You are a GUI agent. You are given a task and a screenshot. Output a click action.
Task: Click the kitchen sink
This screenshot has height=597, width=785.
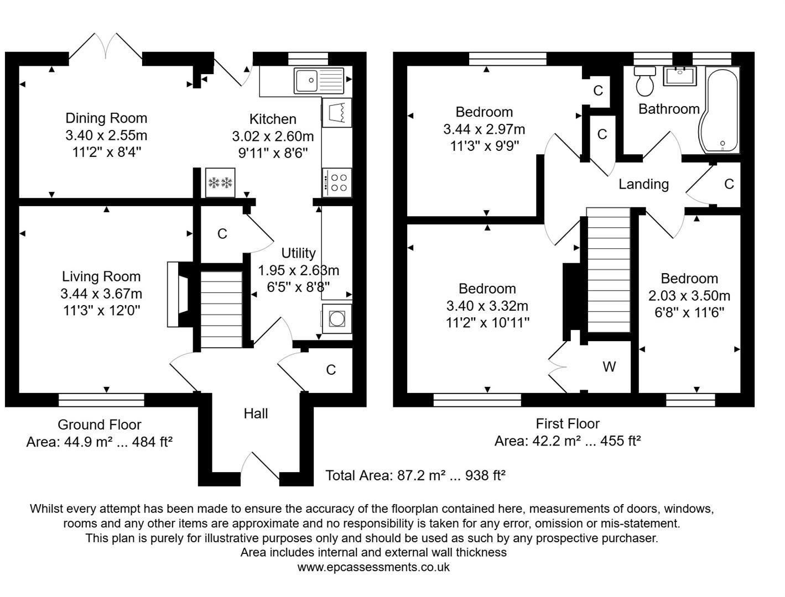click(319, 81)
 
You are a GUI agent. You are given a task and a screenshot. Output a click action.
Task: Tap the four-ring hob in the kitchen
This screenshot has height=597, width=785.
click(336, 182)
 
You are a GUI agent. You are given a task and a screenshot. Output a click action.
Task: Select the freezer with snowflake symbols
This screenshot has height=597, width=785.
click(220, 182)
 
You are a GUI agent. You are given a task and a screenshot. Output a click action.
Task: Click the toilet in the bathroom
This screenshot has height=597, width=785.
click(645, 81)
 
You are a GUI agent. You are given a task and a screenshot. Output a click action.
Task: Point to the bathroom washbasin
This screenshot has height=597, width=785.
click(679, 76)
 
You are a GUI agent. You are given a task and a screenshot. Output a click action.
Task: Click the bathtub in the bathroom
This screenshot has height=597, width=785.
click(719, 110)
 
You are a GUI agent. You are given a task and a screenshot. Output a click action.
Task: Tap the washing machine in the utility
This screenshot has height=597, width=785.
click(336, 319)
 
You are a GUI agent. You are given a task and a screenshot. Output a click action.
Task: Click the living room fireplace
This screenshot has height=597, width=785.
click(180, 295)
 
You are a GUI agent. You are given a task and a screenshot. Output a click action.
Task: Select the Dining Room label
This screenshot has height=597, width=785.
click(106, 118)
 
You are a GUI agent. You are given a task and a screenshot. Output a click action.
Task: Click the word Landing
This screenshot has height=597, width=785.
click(643, 185)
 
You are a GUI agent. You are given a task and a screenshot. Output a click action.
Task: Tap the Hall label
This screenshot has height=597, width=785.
click(256, 413)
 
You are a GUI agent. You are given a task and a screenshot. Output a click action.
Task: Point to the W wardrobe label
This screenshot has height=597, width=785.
click(609, 366)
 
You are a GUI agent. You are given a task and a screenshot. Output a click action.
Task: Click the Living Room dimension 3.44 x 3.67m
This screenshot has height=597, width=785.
click(101, 294)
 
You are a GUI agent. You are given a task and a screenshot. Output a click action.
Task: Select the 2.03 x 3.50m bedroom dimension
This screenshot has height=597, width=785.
click(689, 296)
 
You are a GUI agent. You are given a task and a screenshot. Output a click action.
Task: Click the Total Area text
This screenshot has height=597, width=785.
click(415, 475)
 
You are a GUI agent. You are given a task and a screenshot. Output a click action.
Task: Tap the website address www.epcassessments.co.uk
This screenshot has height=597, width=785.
click(373, 567)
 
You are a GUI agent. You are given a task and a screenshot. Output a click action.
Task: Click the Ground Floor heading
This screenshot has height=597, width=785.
click(100, 425)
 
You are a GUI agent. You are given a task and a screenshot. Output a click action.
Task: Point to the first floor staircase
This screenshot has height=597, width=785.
click(609, 270)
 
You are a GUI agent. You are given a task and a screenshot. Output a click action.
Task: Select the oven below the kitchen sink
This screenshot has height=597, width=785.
click(336, 112)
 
